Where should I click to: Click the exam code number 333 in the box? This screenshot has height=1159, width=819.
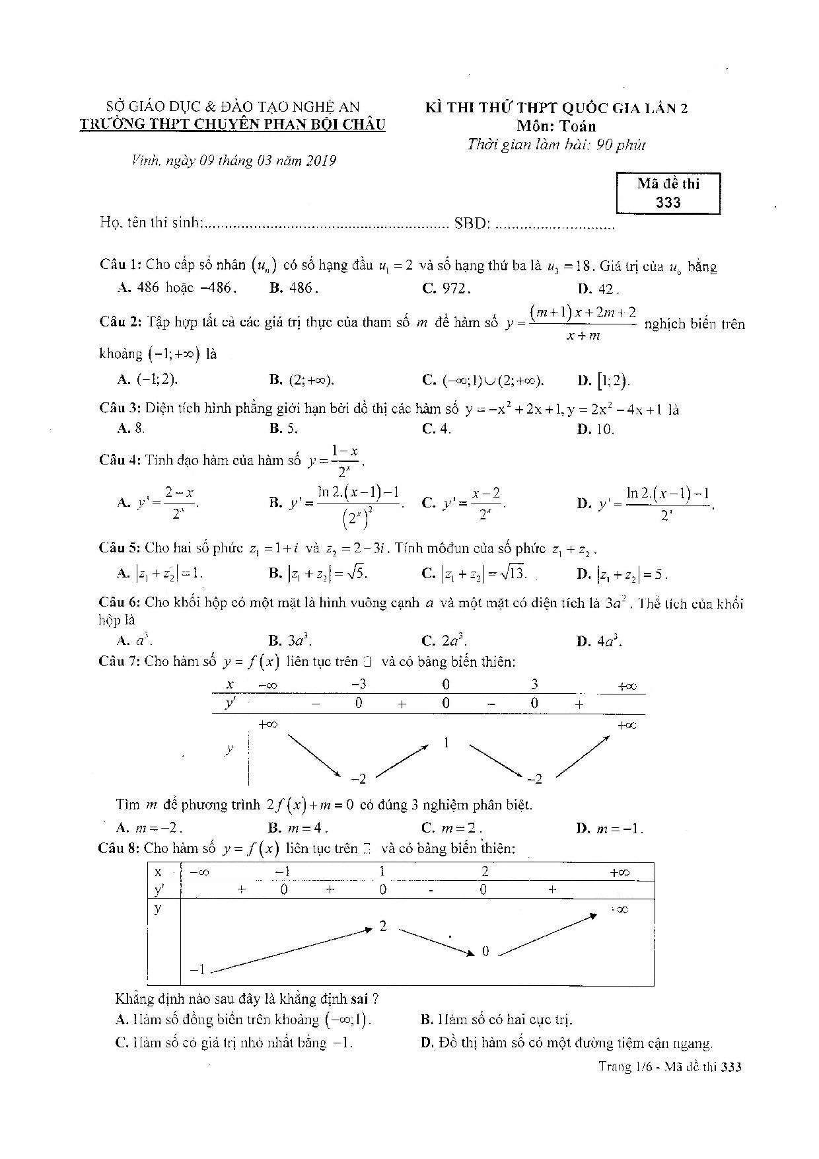(668, 203)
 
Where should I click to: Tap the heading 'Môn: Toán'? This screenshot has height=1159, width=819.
(556, 126)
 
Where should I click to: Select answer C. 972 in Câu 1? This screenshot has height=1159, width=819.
(446, 288)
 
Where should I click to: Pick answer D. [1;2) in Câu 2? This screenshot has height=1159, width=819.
(604, 380)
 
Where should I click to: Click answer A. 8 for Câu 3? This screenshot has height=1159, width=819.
(131, 428)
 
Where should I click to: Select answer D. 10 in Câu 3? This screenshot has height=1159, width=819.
(596, 429)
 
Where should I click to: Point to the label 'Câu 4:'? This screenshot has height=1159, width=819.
(120, 460)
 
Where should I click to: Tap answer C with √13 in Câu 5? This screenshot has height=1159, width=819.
(474, 574)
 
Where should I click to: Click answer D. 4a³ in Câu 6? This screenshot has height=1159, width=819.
(599, 641)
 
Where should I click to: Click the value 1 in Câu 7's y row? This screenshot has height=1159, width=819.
(446, 743)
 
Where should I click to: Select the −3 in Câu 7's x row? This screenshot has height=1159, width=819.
(359, 685)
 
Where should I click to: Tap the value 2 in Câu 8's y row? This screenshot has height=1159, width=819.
(383, 926)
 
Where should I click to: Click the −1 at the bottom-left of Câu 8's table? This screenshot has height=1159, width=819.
(197, 970)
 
